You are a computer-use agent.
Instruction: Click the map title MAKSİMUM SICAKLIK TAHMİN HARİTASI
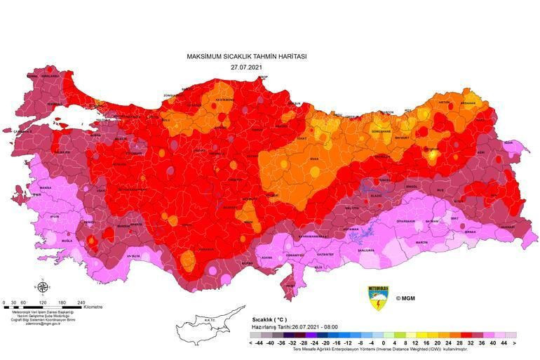click(x=246, y=56)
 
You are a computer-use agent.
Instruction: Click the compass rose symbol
click(x=42, y=287)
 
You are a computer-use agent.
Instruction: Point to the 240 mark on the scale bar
click(x=81, y=302)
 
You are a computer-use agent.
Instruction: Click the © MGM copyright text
click(x=407, y=298)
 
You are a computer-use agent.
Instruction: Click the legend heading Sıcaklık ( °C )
click(x=269, y=319)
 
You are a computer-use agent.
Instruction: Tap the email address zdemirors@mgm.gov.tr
click(x=42, y=324)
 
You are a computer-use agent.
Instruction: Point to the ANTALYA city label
click(x=133, y=255)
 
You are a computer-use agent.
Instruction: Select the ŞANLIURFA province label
click(x=365, y=250)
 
